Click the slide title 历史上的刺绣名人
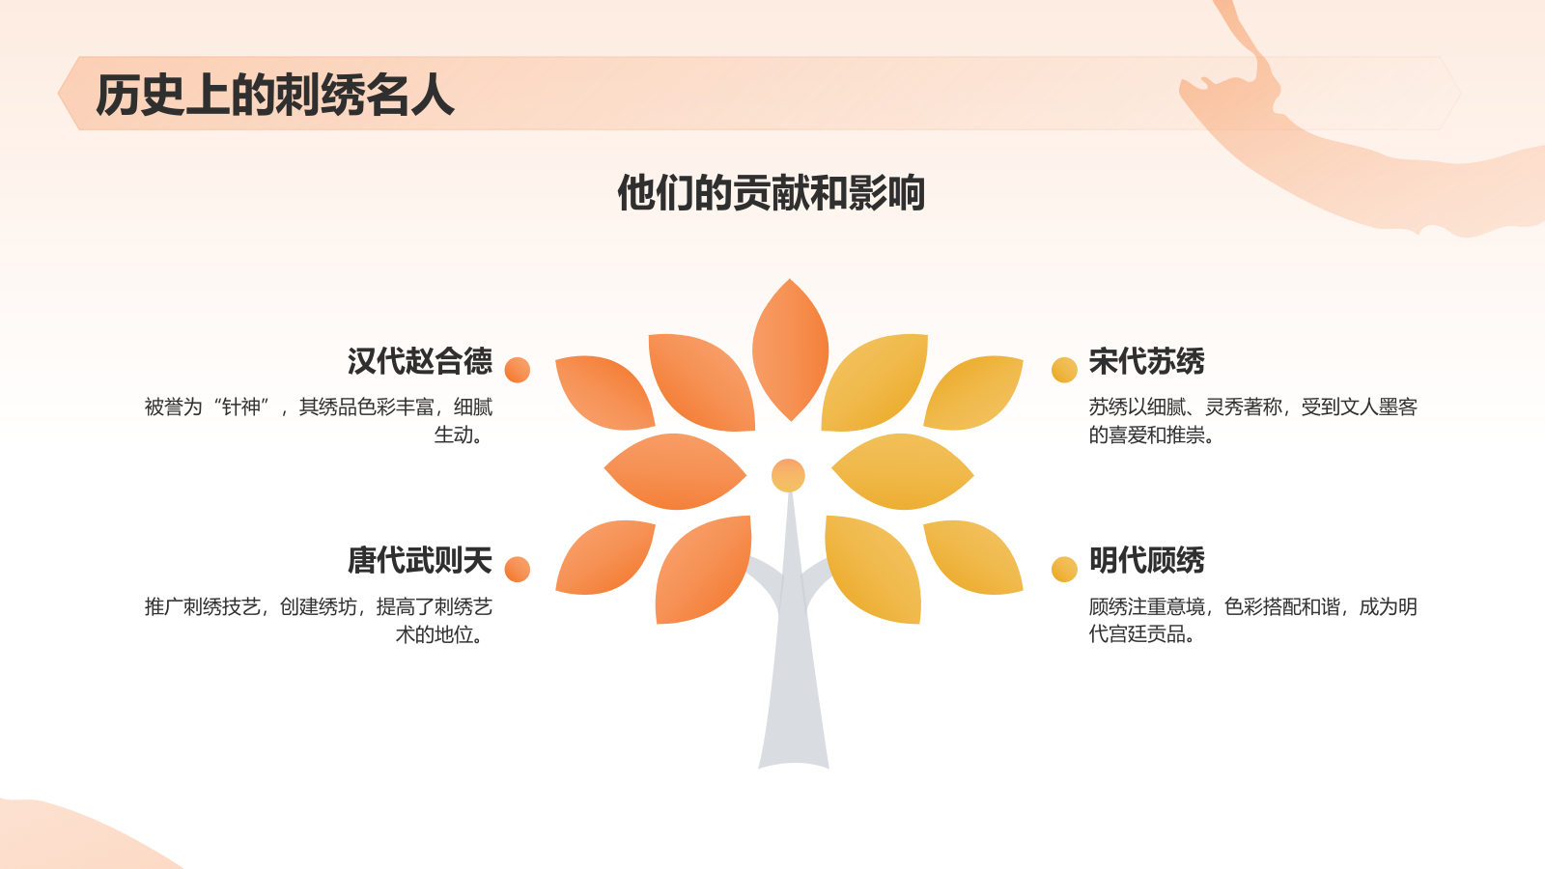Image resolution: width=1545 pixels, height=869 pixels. tap(274, 96)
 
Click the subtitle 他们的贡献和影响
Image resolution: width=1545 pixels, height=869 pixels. tap(771, 193)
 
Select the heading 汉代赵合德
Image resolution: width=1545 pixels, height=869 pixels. tap(419, 361)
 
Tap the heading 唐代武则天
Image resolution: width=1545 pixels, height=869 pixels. tap(419, 560)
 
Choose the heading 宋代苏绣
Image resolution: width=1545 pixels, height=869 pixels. tap(1146, 361)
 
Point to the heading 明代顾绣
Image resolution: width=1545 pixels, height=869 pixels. tap(1146, 560)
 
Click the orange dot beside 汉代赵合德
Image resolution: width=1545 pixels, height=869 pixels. tap(518, 370)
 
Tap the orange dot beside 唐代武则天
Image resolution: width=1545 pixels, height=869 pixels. tap(518, 570)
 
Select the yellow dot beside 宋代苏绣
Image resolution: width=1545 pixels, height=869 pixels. tap(1064, 370)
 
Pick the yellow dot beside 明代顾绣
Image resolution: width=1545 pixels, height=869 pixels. tap(1064, 570)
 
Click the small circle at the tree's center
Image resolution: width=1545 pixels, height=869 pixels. tap(788, 475)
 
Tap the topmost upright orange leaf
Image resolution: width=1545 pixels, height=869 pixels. tap(790, 350)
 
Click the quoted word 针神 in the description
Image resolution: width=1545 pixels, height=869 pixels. tap(240, 407)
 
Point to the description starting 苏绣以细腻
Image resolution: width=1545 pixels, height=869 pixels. tap(1252, 421)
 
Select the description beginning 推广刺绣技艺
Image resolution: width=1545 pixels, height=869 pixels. tap(319, 620)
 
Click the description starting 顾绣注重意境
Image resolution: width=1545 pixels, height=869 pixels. tap(1252, 620)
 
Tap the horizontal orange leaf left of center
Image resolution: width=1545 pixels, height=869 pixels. tap(675, 471)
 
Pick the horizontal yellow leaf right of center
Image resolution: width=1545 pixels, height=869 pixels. tap(902, 471)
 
